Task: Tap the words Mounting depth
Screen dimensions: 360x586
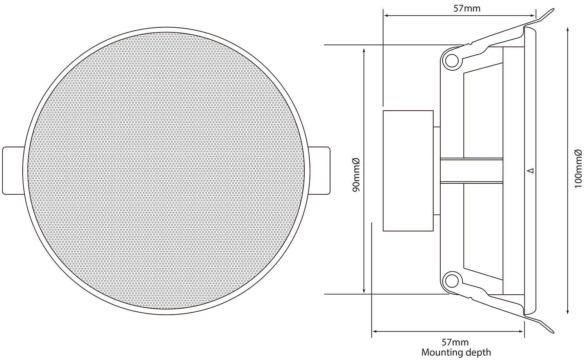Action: click(456, 352)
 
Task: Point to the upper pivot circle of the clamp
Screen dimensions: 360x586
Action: click(451, 61)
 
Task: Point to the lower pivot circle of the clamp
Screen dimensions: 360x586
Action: click(451, 280)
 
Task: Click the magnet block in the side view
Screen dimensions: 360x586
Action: click(408, 170)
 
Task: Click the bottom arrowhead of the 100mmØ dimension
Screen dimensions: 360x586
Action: click(567, 311)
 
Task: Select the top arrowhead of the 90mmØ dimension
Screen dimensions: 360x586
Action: click(364, 50)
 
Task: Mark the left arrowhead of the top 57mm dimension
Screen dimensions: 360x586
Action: click(386, 16)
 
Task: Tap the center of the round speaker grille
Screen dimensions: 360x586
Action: click(166, 170)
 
